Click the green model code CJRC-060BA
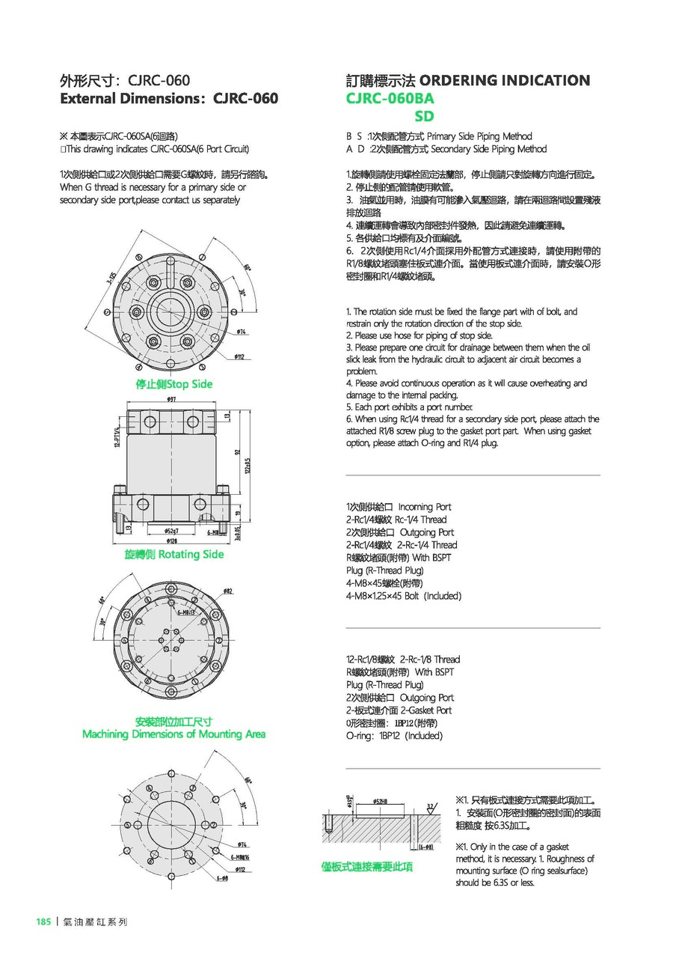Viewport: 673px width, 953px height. coord(390,98)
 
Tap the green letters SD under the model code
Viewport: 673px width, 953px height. coord(424,116)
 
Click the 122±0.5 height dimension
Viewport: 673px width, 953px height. coord(248,464)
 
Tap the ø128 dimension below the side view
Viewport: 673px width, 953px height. coord(171,541)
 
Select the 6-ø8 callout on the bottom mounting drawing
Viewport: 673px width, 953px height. coord(222,878)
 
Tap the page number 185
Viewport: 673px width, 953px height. coord(43,922)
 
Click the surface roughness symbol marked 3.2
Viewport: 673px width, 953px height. coord(430,807)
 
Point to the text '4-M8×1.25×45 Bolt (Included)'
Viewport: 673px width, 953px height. coord(404,596)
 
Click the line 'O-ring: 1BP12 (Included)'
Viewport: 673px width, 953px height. coord(394,736)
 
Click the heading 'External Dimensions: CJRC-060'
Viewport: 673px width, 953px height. coord(169,98)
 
